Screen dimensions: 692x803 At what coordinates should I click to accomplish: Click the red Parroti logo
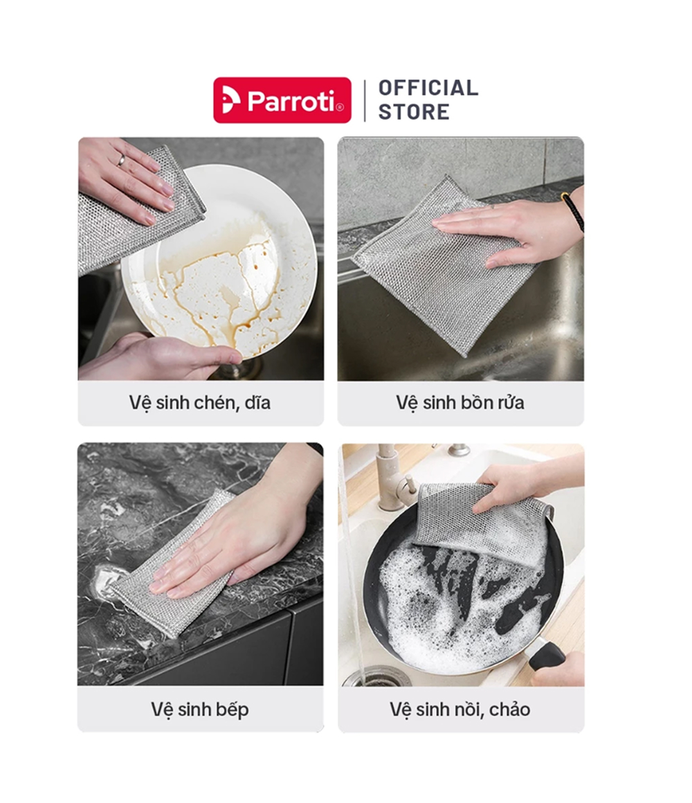click(282, 100)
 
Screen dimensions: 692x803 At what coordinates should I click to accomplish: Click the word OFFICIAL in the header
click(428, 88)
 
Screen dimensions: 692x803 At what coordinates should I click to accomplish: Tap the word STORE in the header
click(414, 111)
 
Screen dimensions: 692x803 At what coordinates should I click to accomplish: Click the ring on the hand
click(121, 161)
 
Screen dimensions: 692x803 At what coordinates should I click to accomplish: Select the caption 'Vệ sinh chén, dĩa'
click(199, 402)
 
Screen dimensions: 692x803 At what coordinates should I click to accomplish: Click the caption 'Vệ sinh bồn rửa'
click(459, 402)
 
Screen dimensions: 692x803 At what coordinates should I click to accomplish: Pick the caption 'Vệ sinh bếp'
click(199, 710)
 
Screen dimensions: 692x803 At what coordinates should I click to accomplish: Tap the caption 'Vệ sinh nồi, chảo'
click(459, 710)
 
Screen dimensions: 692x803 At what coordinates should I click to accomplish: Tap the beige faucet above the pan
click(394, 476)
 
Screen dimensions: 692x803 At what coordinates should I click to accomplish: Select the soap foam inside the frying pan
click(461, 604)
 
